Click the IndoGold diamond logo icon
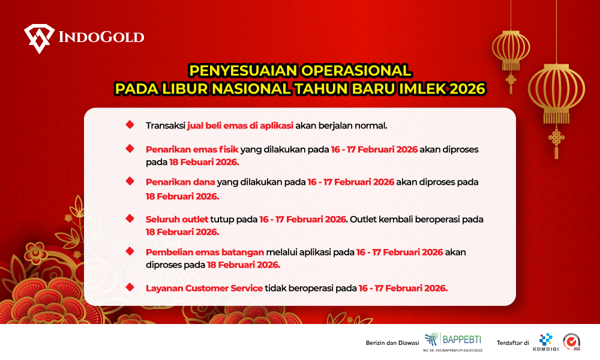[39, 38]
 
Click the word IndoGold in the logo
[101, 37]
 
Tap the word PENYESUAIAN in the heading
[244, 70]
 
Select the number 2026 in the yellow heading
[467, 89]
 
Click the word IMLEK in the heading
[423, 89]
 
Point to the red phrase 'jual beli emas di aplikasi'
[241, 125]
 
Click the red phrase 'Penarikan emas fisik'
[192, 149]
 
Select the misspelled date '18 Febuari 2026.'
[204, 162]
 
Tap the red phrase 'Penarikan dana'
[181, 182]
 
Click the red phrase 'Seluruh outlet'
[177, 219]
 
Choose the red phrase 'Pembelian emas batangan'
[205, 252]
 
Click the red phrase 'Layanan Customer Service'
[205, 288]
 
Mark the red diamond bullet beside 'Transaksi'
[130, 125]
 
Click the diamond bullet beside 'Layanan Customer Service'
[130, 287]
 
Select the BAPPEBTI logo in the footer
[453, 340]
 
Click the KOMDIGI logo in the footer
[546, 342]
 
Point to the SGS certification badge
[572, 341]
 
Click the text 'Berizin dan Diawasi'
[392, 343]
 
